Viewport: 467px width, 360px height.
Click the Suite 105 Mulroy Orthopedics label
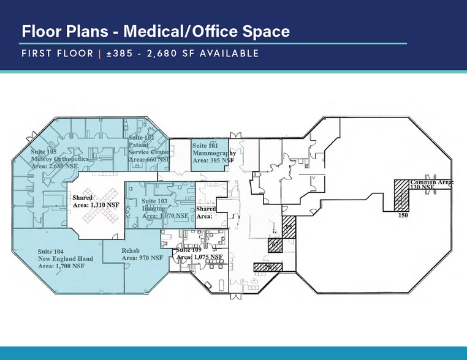[60, 156]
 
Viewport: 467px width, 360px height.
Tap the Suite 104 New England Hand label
[65, 258]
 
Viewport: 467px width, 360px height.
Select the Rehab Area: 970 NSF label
[142, 254]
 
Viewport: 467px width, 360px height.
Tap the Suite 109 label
[188, 250]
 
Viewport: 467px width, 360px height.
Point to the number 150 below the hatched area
[403, 216]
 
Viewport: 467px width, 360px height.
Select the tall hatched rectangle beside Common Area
[401, 195]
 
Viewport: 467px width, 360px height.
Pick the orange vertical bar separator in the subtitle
[99, 54]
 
